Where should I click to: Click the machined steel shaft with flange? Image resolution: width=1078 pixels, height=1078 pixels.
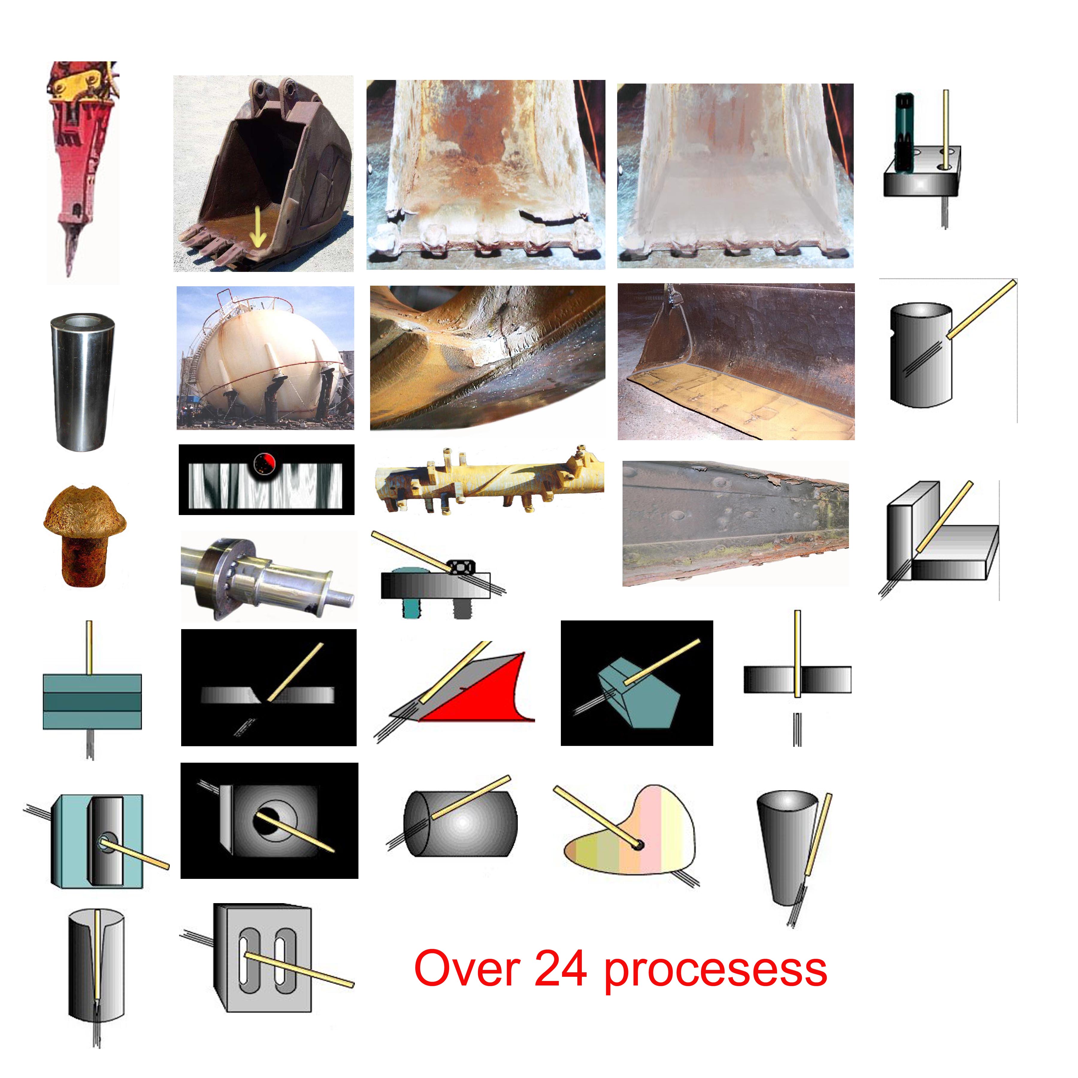(x=267, y=578)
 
